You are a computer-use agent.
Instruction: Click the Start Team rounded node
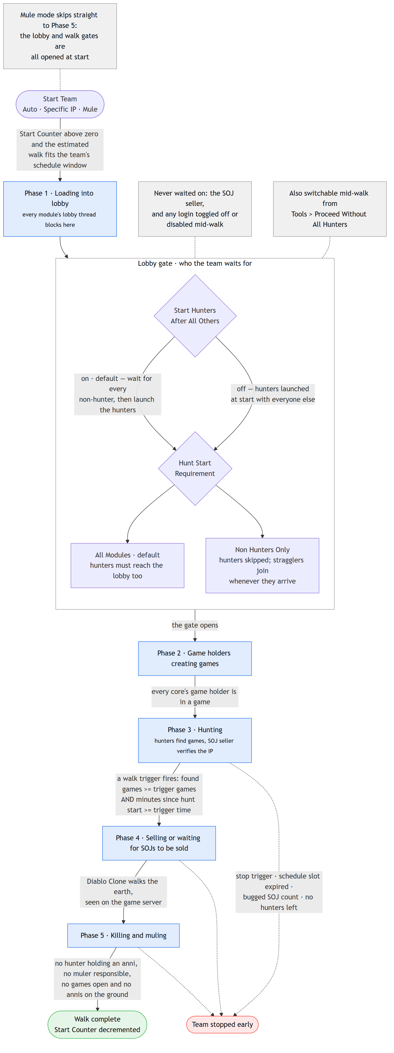click(60, 104)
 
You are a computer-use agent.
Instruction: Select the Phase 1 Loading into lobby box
click(60, 209)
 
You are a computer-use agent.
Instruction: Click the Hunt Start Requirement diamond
click(195, 468)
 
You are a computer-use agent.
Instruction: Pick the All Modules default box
click(127, 565)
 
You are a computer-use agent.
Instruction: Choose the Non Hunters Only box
click(262, 565)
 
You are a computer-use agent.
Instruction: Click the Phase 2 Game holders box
click(195, 659)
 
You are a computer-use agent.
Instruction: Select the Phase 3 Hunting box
click(195, 740)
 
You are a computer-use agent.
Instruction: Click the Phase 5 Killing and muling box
click(123, 936)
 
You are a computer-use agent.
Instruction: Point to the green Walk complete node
click(97, 1024)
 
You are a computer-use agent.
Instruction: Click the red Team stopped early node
click(222, 1024)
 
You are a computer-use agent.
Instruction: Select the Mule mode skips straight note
click(60, 36)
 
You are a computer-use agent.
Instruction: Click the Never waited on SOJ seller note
click(195, 209)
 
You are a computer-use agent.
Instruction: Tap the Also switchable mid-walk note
click(330, 209)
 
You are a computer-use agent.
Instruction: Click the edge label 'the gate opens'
click(195, 625)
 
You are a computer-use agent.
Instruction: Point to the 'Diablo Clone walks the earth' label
click(123, 892)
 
